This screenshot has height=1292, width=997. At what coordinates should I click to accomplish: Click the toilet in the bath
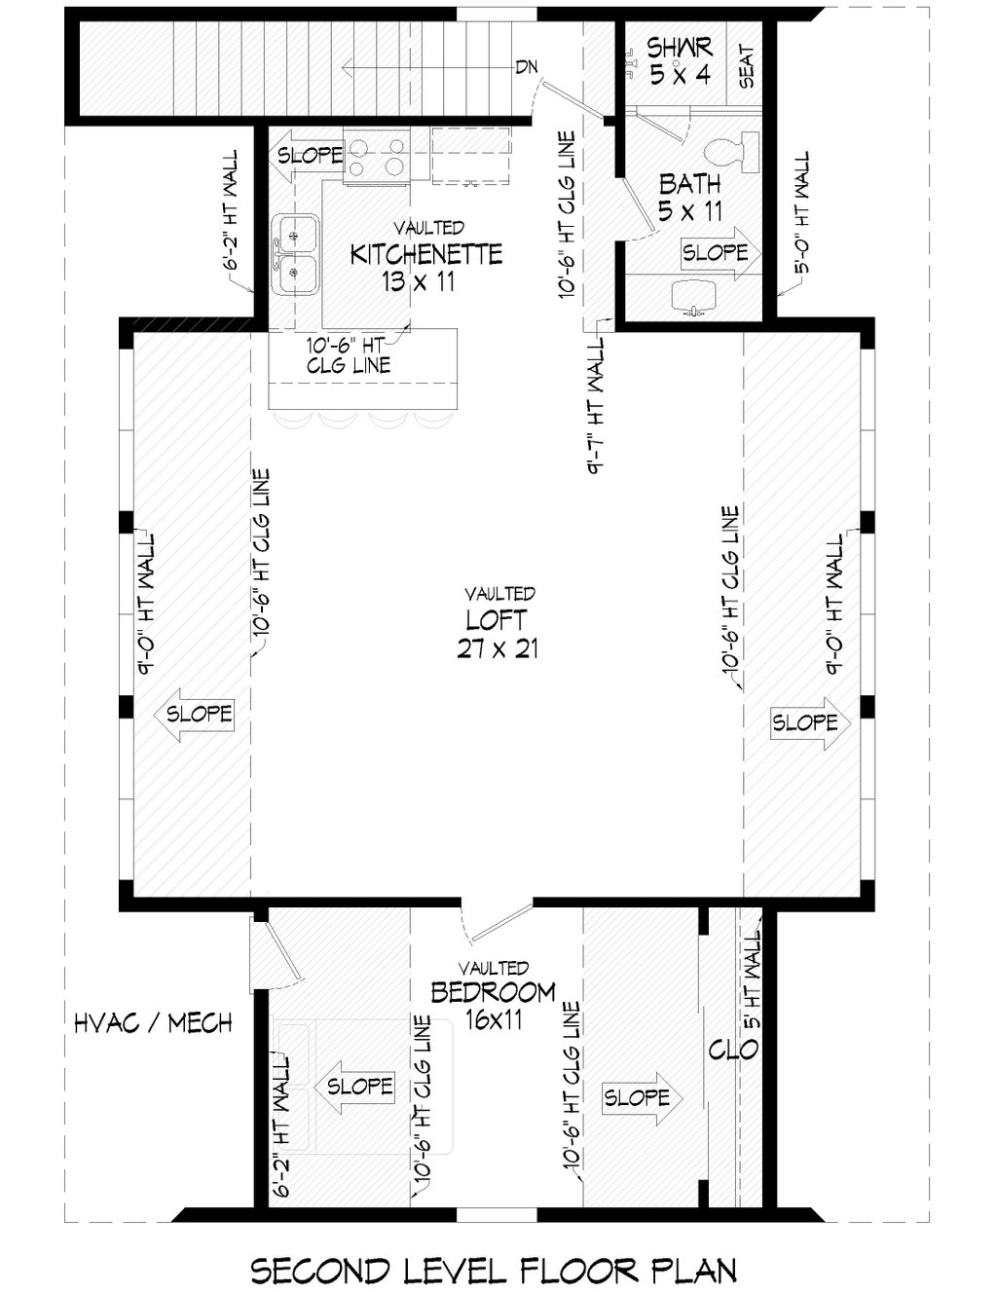731,153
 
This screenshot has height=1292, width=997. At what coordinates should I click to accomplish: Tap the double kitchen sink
295,254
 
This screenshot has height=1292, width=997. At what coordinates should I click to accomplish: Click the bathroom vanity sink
693,296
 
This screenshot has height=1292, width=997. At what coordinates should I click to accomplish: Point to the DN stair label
526,67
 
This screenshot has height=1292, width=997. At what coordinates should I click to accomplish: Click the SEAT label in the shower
746,66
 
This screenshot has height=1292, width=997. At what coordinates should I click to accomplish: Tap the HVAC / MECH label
153,1023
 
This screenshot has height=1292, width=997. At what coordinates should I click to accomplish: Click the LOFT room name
497,620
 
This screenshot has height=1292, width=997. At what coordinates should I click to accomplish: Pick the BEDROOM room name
494,992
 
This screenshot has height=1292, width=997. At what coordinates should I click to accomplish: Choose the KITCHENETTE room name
426,254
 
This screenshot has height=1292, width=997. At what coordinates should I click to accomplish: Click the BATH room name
690,184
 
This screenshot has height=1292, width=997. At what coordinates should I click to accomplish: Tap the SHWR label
680,47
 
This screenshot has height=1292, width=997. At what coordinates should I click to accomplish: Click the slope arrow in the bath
721,253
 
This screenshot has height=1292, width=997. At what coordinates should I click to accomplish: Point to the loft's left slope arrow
193,714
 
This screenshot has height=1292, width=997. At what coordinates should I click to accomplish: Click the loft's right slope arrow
811,722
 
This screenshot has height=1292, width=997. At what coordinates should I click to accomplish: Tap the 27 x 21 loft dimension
498,648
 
